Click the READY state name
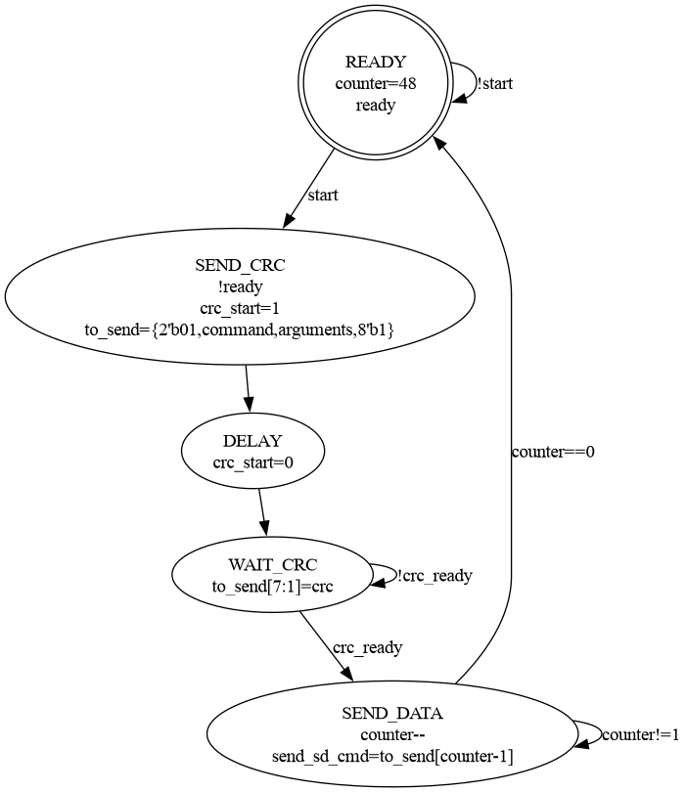point(376,63)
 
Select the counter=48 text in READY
point(376,84)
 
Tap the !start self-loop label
point(494,84)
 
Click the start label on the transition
point(323,196)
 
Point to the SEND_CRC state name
point(240,266)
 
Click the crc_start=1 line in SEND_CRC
point(240,309)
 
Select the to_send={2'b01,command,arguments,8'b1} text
point(240,330)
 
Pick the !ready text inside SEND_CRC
point(240,287)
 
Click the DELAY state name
point(252,442)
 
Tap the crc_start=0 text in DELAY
point(252,463)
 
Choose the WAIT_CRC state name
point(274,565)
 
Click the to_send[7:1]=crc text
point(274,587)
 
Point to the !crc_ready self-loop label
point(434,576)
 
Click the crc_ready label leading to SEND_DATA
point(367,647)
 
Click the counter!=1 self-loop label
point(640,735)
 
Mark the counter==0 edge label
point(553,452)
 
